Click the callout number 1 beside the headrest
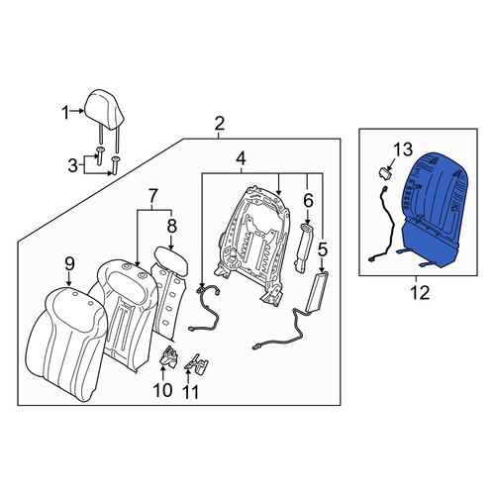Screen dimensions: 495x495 pyautogui.click(x=65, y=113)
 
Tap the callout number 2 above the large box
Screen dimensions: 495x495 pyautogui.click(x=220, y=124)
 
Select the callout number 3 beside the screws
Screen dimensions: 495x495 pyautogui.click(x=72, y=165)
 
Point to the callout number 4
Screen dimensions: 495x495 pyautogui.click(x=241, y=158)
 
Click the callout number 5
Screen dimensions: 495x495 pyautogui.click(x=322, y=249)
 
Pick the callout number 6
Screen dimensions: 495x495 pyautogui.click(x=308, y=200)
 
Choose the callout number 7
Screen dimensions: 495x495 pyautogui.click(x=152, y=196)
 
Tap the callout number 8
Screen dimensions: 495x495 pyautogui.click(x=172, y=227)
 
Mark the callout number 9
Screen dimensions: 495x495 pyautogui.click(x=69, y=264)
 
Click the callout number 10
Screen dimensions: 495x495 pyautogui.click(x=162, y=390)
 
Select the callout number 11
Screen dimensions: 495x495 pyautogui.click(x=190, y=392)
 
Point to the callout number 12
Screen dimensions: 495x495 pyautogui.click(x=420, y=292)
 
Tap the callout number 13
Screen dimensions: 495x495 pyautogui.click(x=403, y=149)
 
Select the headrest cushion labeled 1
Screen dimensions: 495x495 pyautogui.click(x=104, y=109)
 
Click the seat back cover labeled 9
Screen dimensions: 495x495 pyautogui.click(x=66, y=344)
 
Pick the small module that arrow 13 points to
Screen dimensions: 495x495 pyautogui.click(x=384, y=172)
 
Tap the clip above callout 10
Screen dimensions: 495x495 pyautogui.click(x=168, y=355)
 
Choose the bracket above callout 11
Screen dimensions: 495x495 pyautogui.click(x=197, y=364)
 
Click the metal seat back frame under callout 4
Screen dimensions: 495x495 pyautogui.click(x=252, y=245)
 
